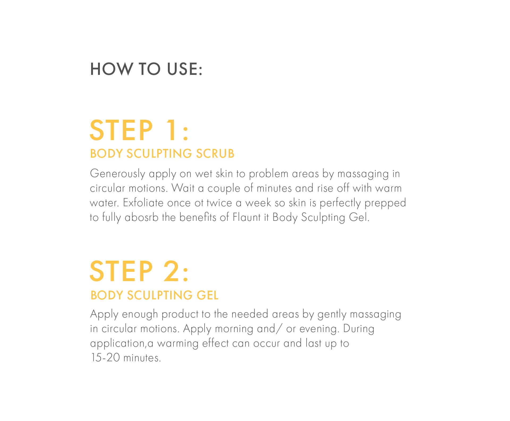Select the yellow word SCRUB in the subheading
[x=215, y=154]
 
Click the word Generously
[x=117, y=174]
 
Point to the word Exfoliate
[x=143, y=203]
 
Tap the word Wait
[x=183, y=188]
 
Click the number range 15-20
[x=105, y=358]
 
